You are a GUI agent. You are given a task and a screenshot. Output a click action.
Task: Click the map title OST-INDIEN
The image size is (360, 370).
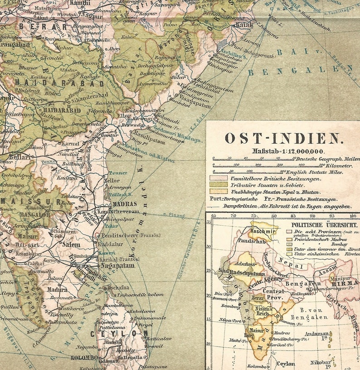click(282, 138)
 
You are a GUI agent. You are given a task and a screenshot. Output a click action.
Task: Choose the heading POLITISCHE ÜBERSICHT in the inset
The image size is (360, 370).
click(324, 224)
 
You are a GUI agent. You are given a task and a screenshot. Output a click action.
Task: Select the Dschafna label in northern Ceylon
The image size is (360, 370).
click(119, 287)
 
